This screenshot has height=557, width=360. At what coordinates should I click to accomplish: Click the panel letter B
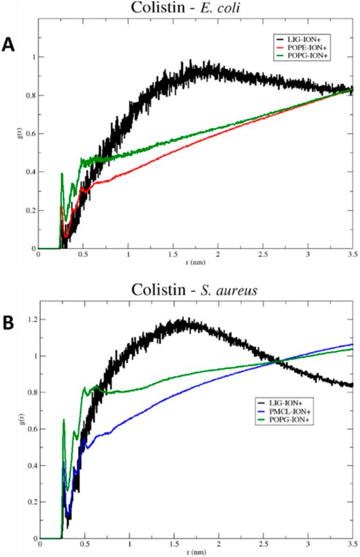10,322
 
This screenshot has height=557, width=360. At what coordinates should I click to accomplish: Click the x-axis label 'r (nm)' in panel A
195,262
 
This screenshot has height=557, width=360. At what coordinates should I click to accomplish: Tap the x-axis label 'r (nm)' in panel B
195,552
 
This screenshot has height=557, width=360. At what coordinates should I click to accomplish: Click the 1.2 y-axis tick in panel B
29,320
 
